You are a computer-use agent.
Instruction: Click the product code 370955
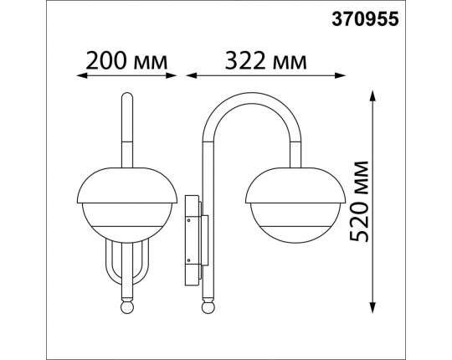click(x=365, y=19)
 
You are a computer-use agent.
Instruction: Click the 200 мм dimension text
click(x=126, y=61)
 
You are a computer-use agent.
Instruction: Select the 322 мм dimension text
click(x=266, y=61)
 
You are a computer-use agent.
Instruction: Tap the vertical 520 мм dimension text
click(x=359, y=201)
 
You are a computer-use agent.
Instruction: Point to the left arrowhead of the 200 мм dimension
click(x=81, y=75)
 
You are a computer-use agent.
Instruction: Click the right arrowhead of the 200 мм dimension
click(x=172, y=75)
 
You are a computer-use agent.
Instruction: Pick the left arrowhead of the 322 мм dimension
click(x=191, y=75)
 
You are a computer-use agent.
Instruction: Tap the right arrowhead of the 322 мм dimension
click(x=341, y=75)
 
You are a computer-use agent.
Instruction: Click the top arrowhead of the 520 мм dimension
click(x=372, y=95)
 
